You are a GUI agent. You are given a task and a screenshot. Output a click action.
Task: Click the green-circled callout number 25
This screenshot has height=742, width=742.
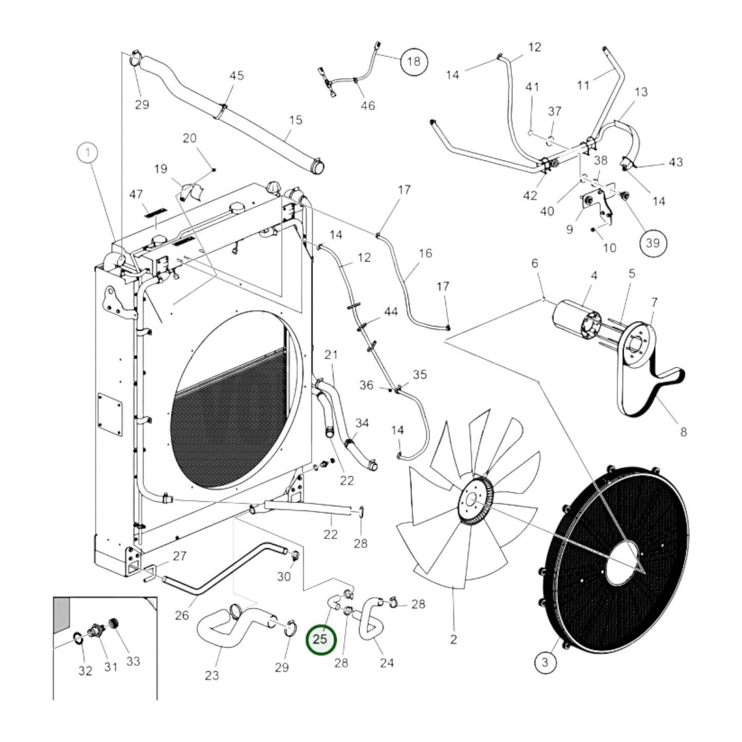(320, 640)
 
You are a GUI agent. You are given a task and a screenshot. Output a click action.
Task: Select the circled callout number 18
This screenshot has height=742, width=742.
(413, 62)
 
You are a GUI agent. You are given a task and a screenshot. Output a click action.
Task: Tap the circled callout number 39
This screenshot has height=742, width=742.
(652, 242)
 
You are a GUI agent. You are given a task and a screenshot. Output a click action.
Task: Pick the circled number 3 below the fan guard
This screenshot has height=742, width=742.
(545, 662)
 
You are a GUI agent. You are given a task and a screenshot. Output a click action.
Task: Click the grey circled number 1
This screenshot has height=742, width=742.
(88, 153)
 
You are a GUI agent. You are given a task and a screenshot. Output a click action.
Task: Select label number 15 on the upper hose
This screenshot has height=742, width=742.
(296, 120)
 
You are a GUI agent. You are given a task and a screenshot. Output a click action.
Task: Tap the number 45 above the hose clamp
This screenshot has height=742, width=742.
(236, 76)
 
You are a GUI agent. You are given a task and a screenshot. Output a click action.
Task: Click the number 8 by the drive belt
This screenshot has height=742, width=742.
(683, 432)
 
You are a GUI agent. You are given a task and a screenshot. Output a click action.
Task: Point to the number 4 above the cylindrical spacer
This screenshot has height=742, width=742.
(594, 276)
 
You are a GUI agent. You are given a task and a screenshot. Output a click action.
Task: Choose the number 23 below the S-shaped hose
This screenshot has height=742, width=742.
(212, 675)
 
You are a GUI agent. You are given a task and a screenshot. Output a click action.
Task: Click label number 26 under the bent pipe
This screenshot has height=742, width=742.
(182, 615)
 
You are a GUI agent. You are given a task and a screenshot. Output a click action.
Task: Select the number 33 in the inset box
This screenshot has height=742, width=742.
(133, 661)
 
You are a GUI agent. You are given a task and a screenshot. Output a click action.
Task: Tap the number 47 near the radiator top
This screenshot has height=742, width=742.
(136, 194)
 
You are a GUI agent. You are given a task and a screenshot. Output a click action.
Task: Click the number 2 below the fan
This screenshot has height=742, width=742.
(453, 640)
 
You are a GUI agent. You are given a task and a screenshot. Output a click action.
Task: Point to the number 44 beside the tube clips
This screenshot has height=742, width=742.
(391, 312)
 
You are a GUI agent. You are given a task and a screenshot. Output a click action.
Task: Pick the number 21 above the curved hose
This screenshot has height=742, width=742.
(331, 354)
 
